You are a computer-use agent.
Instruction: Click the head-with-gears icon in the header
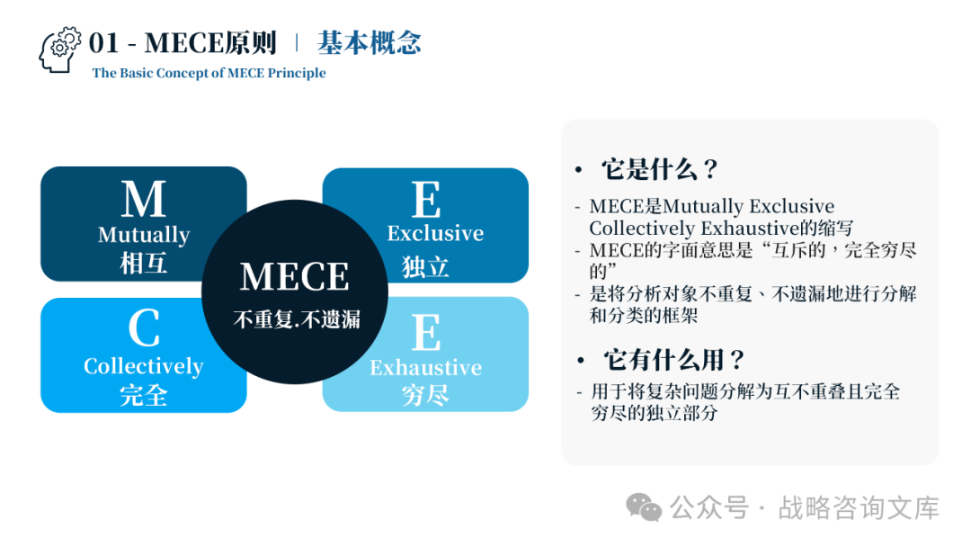tap(60, 50)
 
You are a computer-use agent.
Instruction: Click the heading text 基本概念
tap(369, 43)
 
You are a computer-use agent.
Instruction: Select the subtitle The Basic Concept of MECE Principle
tap(209, 74)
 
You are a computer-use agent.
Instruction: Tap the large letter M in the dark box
tap(144, 199)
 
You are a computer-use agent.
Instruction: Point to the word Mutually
tap(144, 235)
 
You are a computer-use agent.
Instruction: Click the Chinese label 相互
tap(144, 264)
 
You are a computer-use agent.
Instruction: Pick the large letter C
tap(144, 328)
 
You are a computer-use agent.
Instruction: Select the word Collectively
tap(144, 366)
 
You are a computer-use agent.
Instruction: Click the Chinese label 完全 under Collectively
tap(144, 395)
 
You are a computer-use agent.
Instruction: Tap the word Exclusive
tap(435, 233)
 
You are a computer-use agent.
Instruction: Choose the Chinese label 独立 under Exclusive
tap(425, 266)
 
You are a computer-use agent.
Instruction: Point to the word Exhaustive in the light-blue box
tap(425, 367)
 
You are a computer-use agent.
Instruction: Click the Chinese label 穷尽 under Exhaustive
tap(425, 395)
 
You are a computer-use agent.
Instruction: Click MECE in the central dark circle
tap(295, 277)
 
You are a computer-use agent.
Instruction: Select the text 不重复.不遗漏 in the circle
tap(296, 319)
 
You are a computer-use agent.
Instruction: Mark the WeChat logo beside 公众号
tap(644, 507)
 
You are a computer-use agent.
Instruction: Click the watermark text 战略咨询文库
tap(859, 508)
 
